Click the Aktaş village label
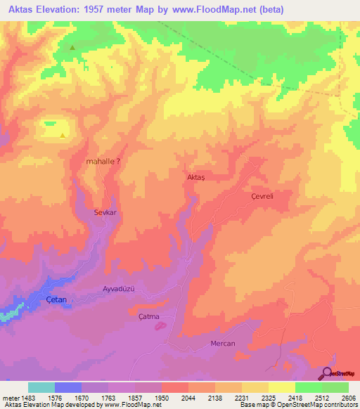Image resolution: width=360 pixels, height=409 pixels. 197,178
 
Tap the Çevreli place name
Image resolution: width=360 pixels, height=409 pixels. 262,198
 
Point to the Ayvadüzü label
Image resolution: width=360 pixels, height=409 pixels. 118,290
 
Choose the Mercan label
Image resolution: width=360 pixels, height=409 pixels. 222,343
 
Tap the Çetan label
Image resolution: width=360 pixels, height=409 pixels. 56,299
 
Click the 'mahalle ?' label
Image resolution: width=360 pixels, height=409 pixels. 103,161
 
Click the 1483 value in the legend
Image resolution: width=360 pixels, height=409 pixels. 28,398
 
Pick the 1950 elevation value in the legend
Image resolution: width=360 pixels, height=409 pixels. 161,398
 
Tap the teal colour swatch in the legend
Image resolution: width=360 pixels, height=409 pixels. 41,387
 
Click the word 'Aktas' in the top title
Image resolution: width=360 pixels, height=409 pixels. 23,9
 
